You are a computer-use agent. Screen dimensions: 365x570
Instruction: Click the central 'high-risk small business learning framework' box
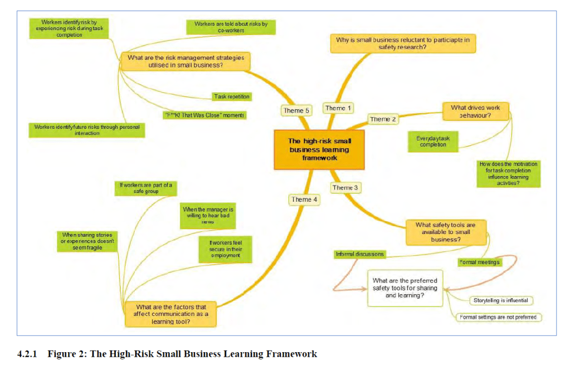coord(319,149)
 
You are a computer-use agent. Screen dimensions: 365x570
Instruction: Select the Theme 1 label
coord(339,108)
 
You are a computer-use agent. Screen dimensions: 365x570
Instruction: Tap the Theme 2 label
coord(383,119)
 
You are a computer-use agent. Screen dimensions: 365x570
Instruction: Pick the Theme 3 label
coord(345,188)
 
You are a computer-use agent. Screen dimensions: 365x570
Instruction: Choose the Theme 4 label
coord(305,199)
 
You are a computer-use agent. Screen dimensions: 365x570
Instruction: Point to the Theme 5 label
coord(297,110)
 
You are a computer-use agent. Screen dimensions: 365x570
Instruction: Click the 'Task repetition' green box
coord(232,97)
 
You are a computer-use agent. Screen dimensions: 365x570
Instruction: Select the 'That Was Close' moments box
coord(204,115)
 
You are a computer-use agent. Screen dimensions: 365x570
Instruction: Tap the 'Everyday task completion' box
coord(433,142)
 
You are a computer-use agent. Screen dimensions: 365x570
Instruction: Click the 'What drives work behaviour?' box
coord(475,111)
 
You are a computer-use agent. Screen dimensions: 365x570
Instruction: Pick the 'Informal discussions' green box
coord(359,254)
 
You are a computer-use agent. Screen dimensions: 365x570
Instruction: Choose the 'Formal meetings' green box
coord(479,262)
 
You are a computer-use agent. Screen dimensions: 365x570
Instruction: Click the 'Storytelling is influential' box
coord(501,301)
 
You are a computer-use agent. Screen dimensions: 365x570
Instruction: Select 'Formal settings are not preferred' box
coord(498,318)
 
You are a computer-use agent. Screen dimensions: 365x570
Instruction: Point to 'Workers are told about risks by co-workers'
coord(231,27)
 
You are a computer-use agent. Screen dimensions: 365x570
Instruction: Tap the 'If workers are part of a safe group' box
coord(146,188)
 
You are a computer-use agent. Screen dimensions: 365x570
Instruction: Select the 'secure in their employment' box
coord(225,249)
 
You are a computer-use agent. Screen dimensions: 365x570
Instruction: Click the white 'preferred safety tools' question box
coord(405,288)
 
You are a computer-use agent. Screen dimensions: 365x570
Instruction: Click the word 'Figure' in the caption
coord(62,354)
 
